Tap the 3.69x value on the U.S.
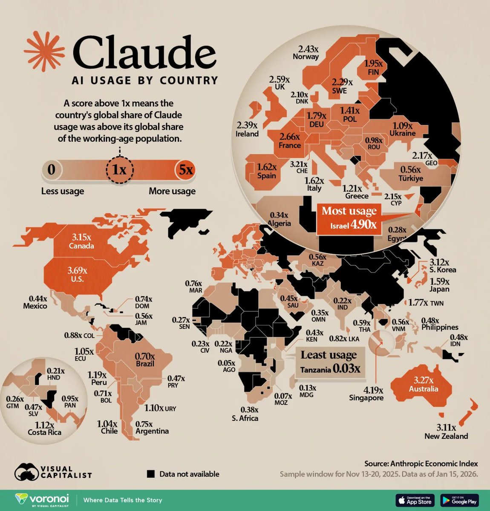[78, 270]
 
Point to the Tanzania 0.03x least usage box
[330, 362]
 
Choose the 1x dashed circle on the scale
[119, 170]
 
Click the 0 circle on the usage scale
[52, 170]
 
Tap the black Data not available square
[150, 474]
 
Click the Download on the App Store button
[415, 500]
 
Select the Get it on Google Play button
[460, 500]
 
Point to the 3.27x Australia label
[423, 384]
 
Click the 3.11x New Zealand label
[446, 432]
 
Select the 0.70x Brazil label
[145, 360]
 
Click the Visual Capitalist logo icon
[27, 471]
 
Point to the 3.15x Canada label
[81, 241]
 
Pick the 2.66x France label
[290, 141]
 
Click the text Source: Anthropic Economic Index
[421, 463]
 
